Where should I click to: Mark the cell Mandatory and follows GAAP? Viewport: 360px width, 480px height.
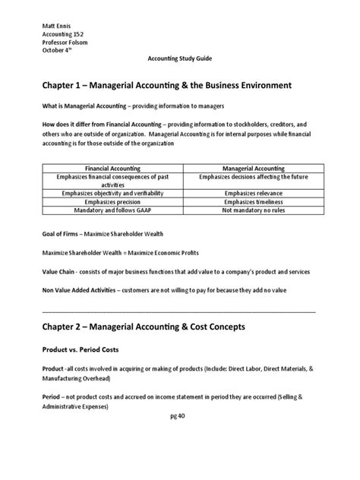(x=106, y=212)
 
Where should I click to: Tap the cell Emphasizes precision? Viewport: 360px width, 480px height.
(x=106, y=203)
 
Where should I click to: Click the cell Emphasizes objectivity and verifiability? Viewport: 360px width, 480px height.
(x=106, y=194)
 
